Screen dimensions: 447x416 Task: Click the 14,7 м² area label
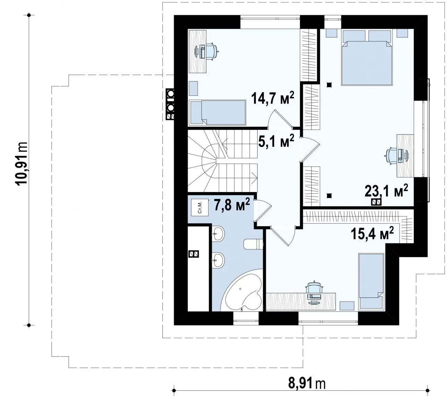pos(272,98)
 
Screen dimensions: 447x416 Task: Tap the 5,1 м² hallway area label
pos(276,141)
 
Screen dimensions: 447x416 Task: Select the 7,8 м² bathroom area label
pos(232,205)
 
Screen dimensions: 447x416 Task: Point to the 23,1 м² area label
pos(386,191)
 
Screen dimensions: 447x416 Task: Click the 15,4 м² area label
pos(372,234)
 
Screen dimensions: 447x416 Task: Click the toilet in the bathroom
pos(253,244)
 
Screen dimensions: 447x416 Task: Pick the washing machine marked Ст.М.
pos(200,207)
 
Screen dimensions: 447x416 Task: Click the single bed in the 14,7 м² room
pos(218,112)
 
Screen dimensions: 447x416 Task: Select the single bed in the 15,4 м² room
pos(371,281)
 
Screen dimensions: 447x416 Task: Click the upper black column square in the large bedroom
pos(329,85)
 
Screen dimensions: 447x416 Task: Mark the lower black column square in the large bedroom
pos(329,196)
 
